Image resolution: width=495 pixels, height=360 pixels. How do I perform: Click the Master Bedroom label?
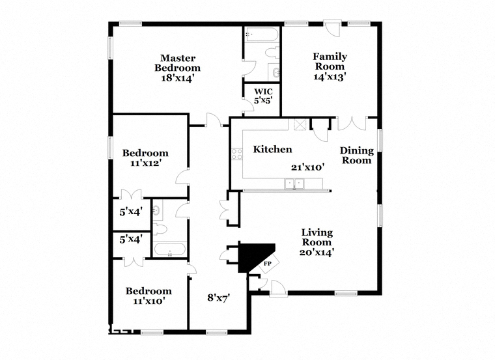click(x=177, y=62)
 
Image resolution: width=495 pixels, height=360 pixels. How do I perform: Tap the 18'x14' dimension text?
click(x=177, y=77)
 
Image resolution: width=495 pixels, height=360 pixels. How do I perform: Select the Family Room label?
click(x=330, y=61)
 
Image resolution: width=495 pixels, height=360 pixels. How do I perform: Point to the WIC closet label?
click(x=264, y=92)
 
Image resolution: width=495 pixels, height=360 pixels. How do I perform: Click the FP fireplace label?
click(x=268, y=264)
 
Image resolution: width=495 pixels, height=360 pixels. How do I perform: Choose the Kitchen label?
click(x=272, y=149)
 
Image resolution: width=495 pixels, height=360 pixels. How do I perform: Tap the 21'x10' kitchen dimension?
click(x=308, y=167)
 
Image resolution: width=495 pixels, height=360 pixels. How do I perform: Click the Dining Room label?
click(x=357, y=155)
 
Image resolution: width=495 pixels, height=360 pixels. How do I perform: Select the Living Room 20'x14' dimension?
click(x=317, y=253)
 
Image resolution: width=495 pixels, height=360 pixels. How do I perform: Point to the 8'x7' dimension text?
click(x=218, y=298)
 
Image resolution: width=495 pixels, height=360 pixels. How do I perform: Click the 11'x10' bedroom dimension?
click(x=148, y=301)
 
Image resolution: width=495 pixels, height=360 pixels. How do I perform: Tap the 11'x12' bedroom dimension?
click(x=145, y=163)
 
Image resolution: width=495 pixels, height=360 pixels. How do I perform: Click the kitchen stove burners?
click(x=237, y=154)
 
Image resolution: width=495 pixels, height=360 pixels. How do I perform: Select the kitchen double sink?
click(x=294, y=184)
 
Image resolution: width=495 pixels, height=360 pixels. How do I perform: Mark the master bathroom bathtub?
click(x=262, y=34)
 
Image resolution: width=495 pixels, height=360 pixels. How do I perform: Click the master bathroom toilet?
click(x=272, y=52)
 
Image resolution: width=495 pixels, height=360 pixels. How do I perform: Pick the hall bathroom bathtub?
click(x=169, y=249)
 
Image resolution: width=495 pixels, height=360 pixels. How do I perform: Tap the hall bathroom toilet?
click(x=160, y=229)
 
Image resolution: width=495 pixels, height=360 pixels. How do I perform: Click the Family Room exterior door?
click(x=332, y=29)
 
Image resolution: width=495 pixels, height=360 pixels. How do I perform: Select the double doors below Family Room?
click(x=352, y=124)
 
